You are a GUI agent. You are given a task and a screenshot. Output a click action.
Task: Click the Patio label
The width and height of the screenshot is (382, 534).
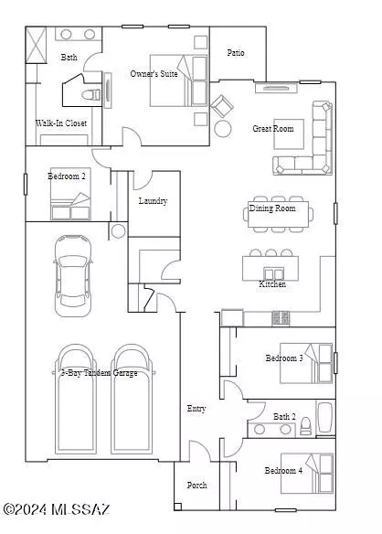pyautogui.click(x=236, y=53)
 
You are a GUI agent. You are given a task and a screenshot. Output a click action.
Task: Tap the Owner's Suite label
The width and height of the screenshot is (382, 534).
pyautogui.click(x=154, y=73)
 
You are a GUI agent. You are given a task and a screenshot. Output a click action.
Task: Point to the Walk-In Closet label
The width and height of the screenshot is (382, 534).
pyautogui.click(x=61, y=123)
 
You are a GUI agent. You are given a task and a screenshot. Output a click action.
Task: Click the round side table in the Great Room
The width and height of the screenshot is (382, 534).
pyautogui.click(x=223, y=129)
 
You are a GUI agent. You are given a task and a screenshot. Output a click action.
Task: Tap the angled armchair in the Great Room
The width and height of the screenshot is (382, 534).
pyautogui.click(x=222, y=106)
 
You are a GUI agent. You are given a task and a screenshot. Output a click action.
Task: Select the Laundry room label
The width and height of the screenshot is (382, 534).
pyautogui.click(x=153, y=201)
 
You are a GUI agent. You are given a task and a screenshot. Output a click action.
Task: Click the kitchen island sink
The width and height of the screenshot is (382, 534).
pyautogui.click(x=273, y=273)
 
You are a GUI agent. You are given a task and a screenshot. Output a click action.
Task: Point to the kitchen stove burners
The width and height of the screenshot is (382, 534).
pyautogui.click(x=281, y=318)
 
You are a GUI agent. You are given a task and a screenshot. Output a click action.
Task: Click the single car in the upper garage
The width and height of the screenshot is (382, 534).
pyautogui.click(x=73, y=275)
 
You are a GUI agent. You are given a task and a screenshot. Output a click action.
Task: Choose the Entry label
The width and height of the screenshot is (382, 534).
pyautogui.click(x=196, y=409)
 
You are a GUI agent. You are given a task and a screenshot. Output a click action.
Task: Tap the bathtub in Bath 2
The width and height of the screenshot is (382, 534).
pyautogui.click(x=325, y=418)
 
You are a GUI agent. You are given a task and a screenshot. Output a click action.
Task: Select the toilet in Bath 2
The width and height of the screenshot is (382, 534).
pyautogui.click(x=306, y=426)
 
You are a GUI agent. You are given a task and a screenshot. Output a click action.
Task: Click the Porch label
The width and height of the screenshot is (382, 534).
pyautogui.click(x=196, y=485)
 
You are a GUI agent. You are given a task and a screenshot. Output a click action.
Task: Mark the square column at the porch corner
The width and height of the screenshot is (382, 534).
pyautogui.click(x=177, y=507)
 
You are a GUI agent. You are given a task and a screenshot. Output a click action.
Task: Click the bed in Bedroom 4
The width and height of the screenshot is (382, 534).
pyautogui.click(x=307, y=474)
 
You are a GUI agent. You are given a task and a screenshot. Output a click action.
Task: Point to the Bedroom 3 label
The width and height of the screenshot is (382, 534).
pyautogui.click(x=284, y=358)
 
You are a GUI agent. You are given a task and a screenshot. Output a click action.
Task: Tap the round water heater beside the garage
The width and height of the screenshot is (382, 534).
pyautogui.click(x=118, y=231)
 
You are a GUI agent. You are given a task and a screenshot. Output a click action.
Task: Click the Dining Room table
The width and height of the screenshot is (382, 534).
pyautogui.click(x=279, y=214)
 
